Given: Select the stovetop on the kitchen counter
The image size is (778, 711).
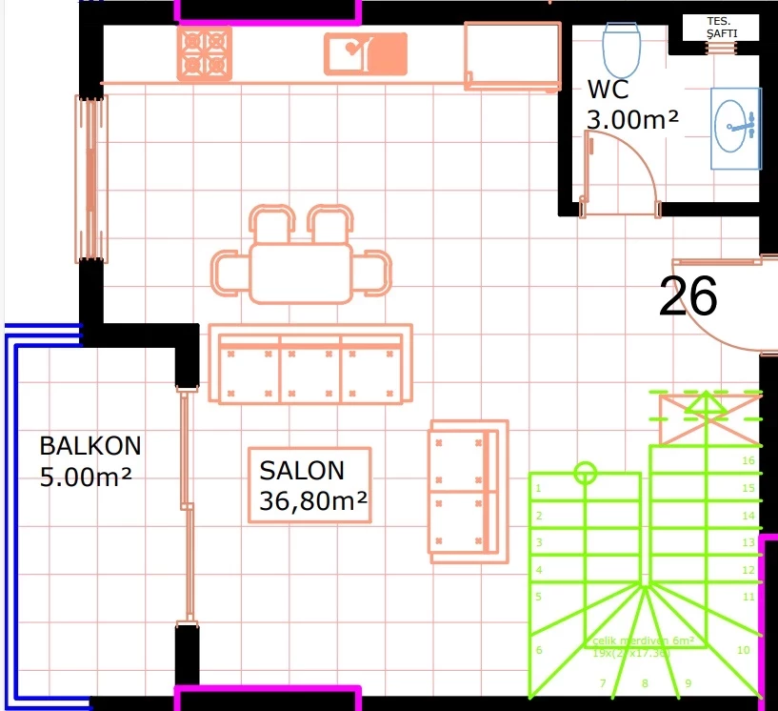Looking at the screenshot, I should pyautogui.click(x=205, y=52).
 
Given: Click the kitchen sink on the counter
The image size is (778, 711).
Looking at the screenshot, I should pyautogui.click(x=366, y=53).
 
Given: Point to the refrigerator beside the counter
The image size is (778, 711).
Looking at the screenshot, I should pyautogui.click(x=511, y=56).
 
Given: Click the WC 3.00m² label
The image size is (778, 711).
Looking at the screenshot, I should pyautogui.click(x=632, y=106).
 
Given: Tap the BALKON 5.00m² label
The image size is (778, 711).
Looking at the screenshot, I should pyautogui.click(x=90, y=460).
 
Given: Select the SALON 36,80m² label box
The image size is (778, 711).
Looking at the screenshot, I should pyautogui.click(x=309, y=484).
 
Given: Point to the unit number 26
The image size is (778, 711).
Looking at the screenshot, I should pyautogui.click(x=688, y=296).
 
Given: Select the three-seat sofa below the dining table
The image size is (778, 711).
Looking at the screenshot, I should pyautogui.click(x=310, y=365).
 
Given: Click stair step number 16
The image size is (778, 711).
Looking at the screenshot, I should pyautogui.click(x=748, y=460).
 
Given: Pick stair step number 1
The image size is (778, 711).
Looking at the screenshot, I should pyautogui.click(x=539, y=489).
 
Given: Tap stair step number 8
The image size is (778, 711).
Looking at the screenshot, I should pyautogui.click(x=645, y=682).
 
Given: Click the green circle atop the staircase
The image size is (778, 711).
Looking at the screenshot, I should pyautogui.click(x=586, y=471).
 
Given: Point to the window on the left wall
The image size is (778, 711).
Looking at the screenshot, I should pyautogui.click(x=91, y=178).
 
